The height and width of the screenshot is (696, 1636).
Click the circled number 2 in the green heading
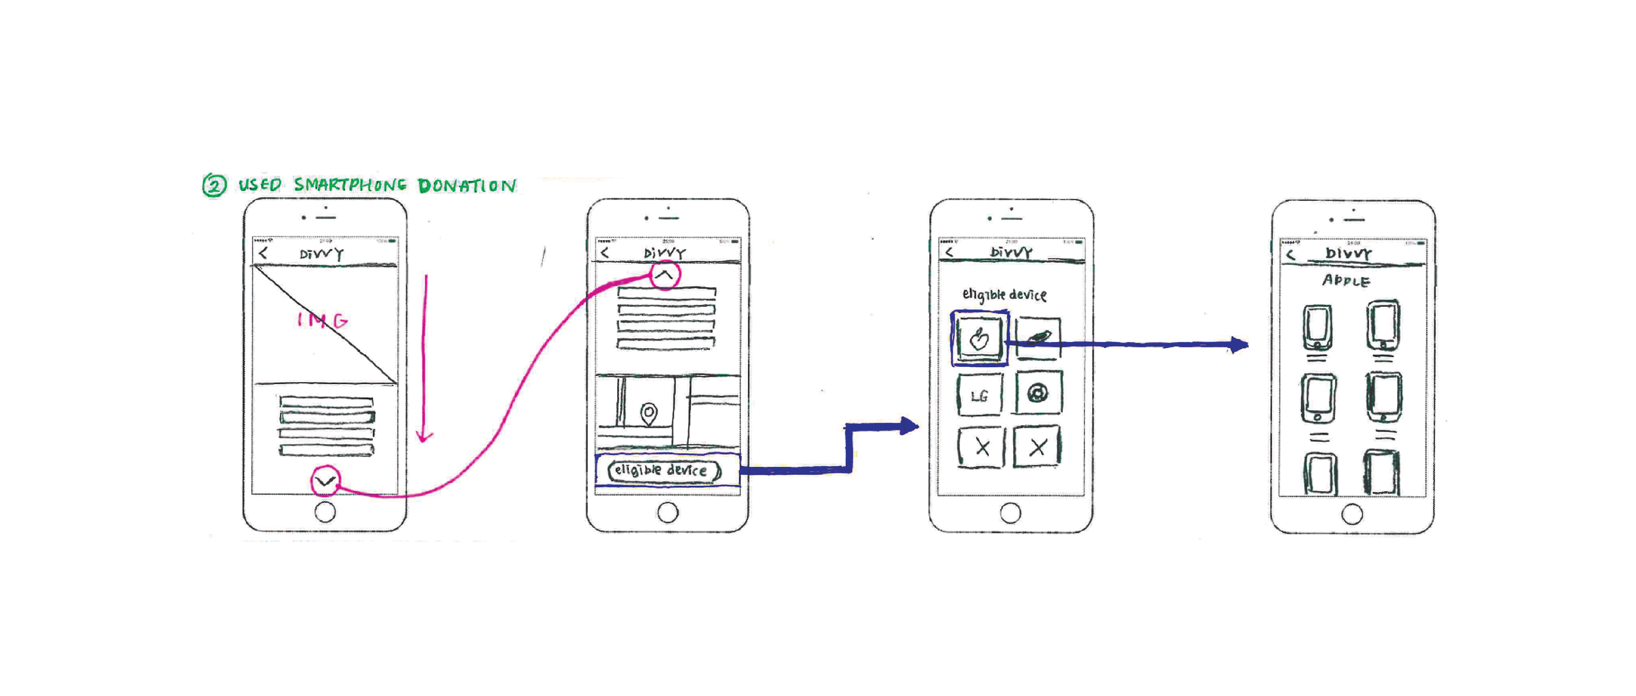[x=214, y=185]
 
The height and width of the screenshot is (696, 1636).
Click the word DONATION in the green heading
[x=467, y=186]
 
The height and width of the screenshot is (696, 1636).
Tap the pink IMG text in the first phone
[x=323, y=320]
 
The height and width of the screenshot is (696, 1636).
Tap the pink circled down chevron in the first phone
[x=325, y=481]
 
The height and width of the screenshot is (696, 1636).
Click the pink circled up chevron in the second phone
[x=664, y=275]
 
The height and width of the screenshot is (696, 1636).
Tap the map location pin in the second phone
[x=649, y=413]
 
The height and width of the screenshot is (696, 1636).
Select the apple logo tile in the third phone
[x=979, y=338]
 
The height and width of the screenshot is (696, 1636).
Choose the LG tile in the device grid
[x=980, y=395]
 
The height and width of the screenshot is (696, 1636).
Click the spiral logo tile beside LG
[x=1038, y=393]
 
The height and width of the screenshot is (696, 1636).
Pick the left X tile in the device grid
[x=982, y=447]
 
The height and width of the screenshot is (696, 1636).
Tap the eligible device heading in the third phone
[x=1004, y=294]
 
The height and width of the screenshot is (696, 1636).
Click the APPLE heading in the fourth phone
[x=1346, y=281]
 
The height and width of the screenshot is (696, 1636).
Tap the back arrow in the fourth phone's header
[x=1290, y=254]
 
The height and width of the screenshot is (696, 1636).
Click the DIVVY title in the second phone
[x=665, y=253]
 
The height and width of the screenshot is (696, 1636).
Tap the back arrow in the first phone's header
[x=263, y=253]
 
